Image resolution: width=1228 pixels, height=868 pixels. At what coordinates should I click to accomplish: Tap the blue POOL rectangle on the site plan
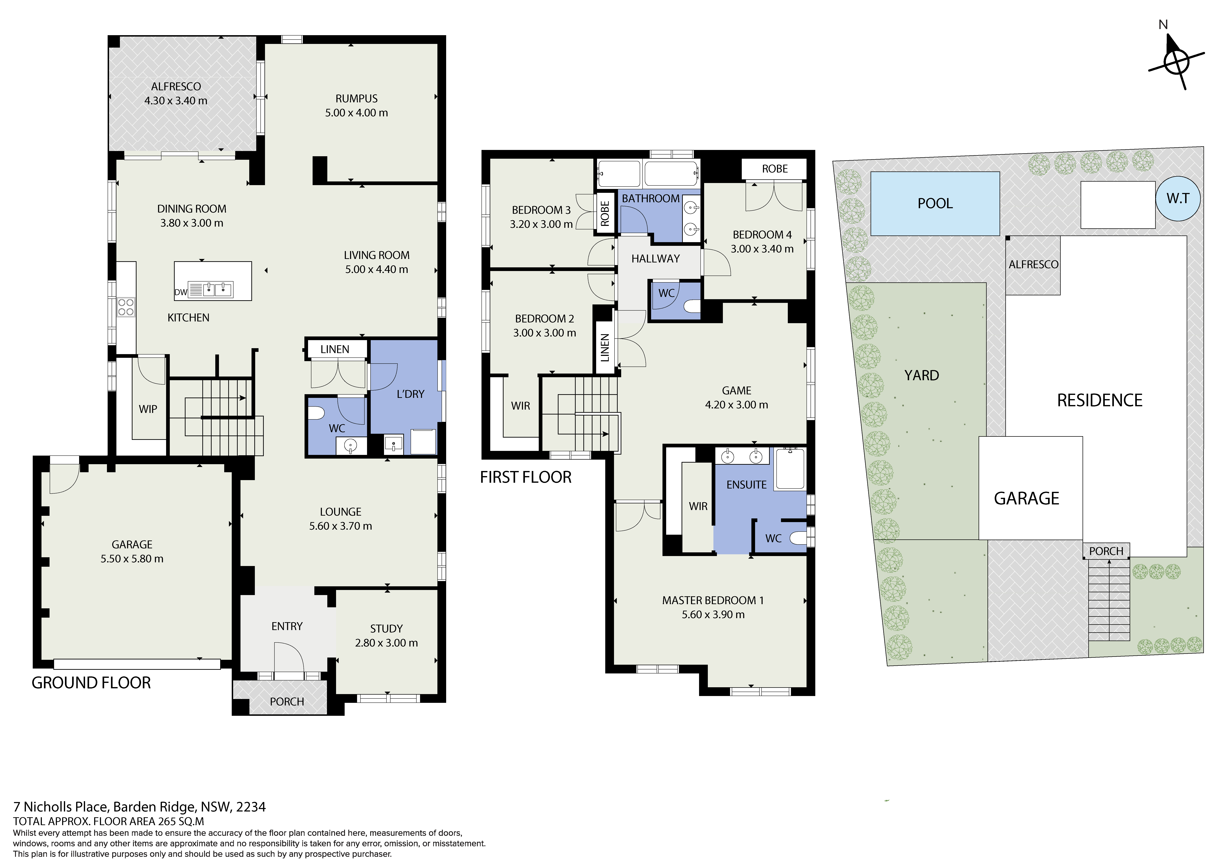[935, 203]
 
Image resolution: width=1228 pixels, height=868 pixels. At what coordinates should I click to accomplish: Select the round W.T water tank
[1178, 198]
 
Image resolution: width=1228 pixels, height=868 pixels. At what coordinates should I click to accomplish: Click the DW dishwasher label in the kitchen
[181, 292]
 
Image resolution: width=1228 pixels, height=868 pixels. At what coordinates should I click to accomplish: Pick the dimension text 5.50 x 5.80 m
[132, 558]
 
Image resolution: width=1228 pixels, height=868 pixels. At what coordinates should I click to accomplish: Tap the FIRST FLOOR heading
[526, 477]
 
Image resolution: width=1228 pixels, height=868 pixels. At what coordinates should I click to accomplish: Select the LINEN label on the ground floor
[335, 349]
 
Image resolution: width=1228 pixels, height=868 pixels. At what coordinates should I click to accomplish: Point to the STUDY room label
[386, 628]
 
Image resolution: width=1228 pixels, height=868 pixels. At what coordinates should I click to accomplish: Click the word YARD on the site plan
[922, 375]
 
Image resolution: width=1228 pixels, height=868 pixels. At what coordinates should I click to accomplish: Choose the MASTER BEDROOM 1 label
[713, 600]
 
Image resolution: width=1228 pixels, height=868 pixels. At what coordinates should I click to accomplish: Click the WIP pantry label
[148, 409]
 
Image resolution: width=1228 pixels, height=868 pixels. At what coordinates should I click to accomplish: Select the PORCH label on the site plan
[1106, 551]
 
